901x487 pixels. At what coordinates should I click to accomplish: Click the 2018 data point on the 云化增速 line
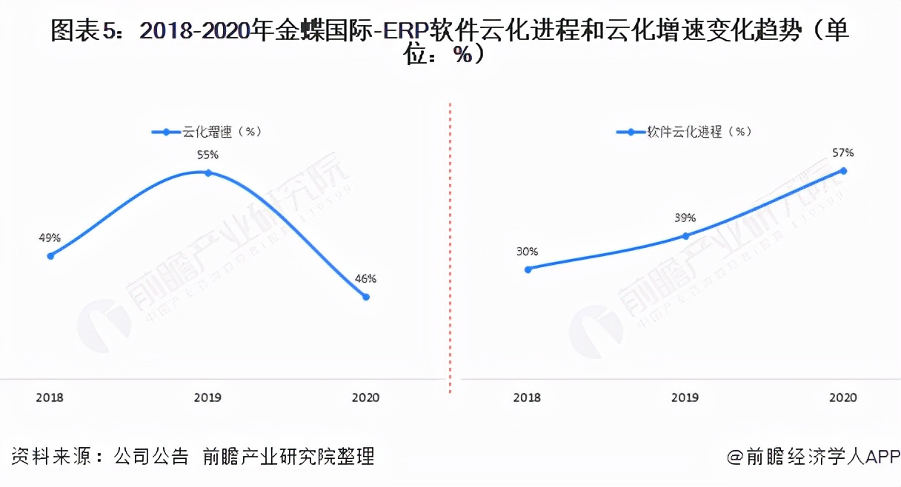click(50, 256)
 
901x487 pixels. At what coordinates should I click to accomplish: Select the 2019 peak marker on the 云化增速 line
click(208, 172)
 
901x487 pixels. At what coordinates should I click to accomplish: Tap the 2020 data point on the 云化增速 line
click(366, 297)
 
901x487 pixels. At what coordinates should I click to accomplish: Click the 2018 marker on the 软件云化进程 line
click(528, 269)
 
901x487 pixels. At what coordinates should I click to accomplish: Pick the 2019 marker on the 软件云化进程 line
click(685, 236)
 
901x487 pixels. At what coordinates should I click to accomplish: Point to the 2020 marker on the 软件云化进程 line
click(843, 171)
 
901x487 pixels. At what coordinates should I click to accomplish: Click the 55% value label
click(208, 155)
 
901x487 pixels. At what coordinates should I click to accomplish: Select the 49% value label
click(50, 238)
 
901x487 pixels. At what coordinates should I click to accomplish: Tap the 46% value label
click(366, 279)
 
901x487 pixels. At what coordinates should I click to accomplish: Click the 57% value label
click(843, 153)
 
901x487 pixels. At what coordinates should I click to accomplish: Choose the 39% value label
click(685, 218)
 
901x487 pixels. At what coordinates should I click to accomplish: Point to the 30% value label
click(528, 252)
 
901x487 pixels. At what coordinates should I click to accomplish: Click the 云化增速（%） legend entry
click(208, 132)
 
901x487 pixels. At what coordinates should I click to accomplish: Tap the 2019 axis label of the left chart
click(208, 397)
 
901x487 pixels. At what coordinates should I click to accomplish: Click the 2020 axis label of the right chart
click(843, 397)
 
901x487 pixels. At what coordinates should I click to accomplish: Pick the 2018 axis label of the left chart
click(50, 397)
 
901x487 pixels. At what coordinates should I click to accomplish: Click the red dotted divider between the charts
click(450, 244)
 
